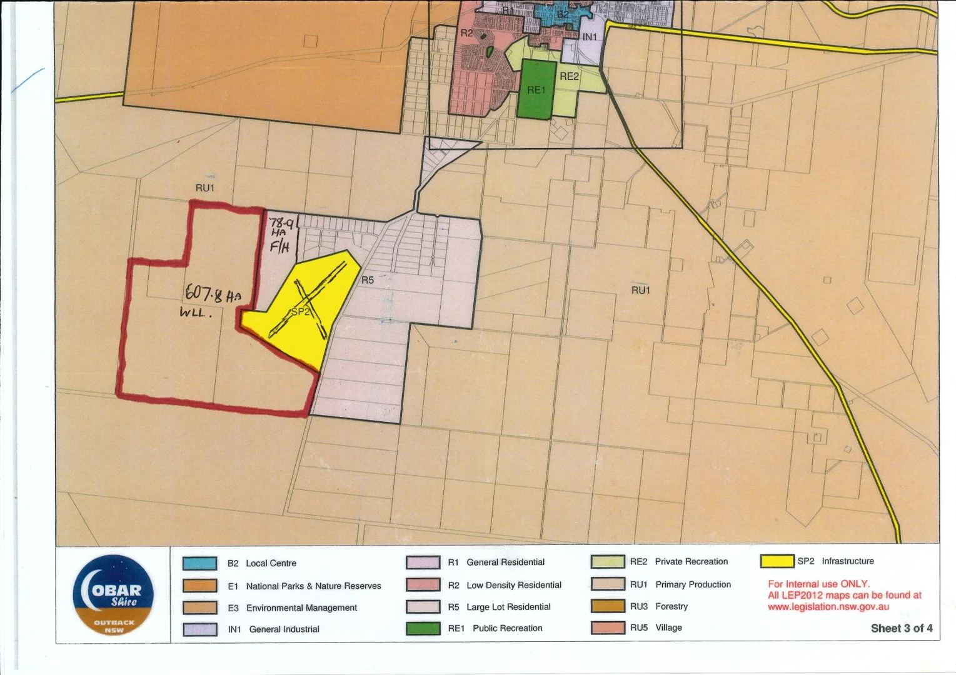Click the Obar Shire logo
113,595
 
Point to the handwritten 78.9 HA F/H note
281,235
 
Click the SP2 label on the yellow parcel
300,311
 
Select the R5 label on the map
368,280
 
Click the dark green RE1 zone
536,90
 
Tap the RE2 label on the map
569,76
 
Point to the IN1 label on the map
590,37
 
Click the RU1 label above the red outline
205,187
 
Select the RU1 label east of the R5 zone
640,290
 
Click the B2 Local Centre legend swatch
200,563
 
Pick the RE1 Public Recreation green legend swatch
423,628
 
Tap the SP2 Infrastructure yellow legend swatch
777,561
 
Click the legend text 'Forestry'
672,606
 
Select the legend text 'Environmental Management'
301,607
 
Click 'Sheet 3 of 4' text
901,628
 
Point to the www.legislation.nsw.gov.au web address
828,606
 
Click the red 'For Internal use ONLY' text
818,584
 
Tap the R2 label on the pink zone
466,33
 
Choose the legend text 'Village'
668,627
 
